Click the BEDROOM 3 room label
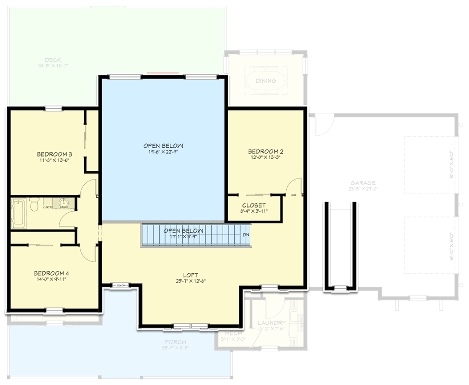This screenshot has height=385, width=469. click(54, 154)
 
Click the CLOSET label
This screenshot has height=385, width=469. click(254, 205)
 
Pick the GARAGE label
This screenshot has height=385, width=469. click(364, 182)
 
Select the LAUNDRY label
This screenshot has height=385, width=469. click(272, 323)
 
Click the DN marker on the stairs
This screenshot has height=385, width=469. click(246, 235)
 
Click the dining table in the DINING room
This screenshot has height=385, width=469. click(266, 80)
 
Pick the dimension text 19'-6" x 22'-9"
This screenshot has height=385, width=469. click(163, 152)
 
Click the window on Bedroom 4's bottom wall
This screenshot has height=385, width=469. click(54, 310)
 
